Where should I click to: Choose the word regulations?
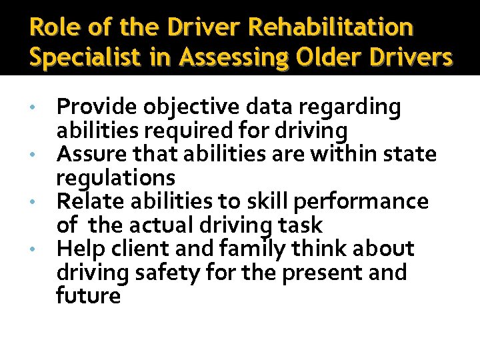(115, 178)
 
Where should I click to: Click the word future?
(88, 295)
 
